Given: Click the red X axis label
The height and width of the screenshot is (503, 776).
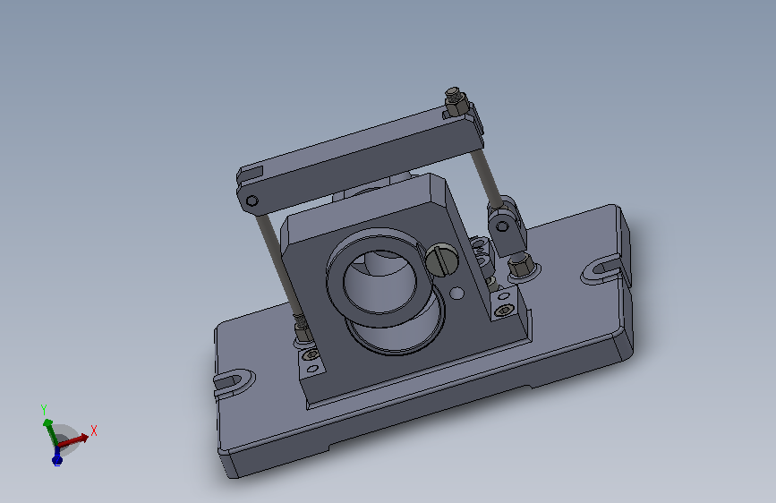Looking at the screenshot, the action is [x=94, y=431].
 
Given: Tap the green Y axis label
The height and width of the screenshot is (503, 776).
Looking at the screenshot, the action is [x=44, y=409].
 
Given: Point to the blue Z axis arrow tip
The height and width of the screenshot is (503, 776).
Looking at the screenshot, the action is [x=57, y=462].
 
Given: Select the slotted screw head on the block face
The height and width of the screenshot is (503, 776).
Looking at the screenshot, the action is [x=441, y=259].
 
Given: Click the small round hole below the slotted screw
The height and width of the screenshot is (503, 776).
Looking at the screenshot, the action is [x=456, y=294].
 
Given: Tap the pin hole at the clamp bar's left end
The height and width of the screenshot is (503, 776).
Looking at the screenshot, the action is [x=252, y=200].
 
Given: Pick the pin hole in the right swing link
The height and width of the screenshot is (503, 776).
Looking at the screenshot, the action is [x=502, y=226].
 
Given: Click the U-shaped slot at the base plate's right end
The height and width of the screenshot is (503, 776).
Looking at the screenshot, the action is [x=601, y=269].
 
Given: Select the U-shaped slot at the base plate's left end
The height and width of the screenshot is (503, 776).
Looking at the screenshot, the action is [x=234, y=381].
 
